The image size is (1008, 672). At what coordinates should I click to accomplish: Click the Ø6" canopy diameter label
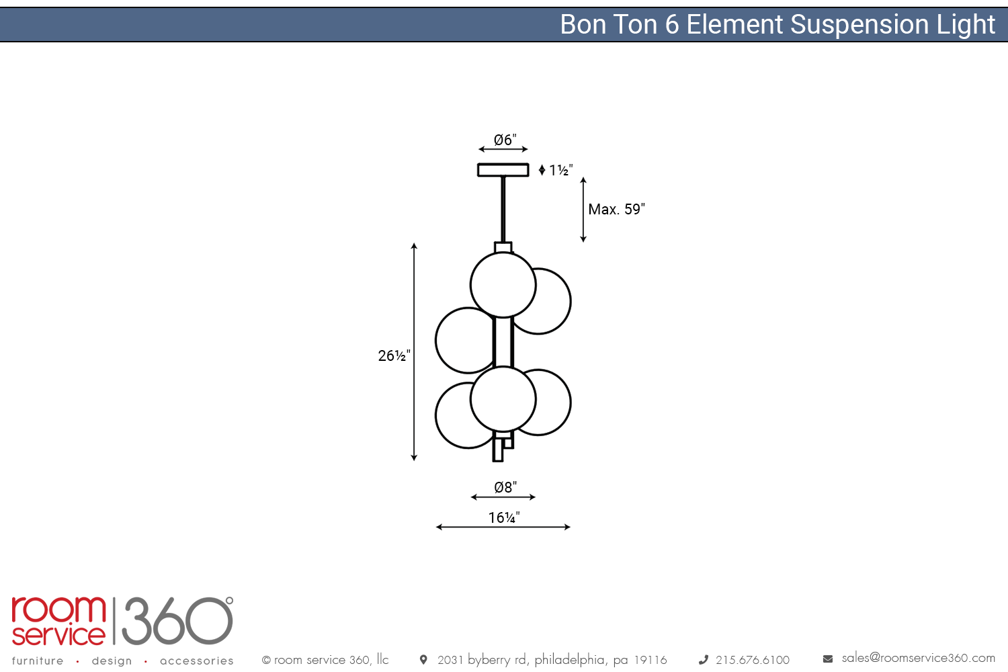point(505,140)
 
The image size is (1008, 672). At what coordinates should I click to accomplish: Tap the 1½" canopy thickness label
point(560,171)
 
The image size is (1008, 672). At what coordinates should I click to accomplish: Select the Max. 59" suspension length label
point(616,210)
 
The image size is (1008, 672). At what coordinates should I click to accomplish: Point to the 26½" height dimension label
point(394,355)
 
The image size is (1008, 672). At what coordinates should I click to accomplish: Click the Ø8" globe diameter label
point(505,487)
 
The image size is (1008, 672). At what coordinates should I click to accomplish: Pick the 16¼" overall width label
point(504,517)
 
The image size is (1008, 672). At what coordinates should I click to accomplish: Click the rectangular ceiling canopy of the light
point(503,170)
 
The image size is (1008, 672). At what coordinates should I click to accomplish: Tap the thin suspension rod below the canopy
point(503,208)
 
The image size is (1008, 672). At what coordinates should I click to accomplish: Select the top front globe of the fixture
point(503,285)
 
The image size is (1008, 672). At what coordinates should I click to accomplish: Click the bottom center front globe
point(503,399)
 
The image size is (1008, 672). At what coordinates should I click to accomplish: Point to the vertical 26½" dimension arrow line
point(414,403)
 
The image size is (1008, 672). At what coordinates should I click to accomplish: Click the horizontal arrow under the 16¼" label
point(503,528)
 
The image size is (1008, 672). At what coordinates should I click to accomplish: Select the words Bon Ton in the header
point(609,25)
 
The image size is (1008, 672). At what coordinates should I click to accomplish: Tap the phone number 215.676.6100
point(752,660)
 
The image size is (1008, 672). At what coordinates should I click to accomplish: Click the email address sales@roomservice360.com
point(918,658)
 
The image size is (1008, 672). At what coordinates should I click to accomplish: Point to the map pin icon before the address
point(423,660)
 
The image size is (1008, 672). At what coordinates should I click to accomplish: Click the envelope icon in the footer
point(828,659)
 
